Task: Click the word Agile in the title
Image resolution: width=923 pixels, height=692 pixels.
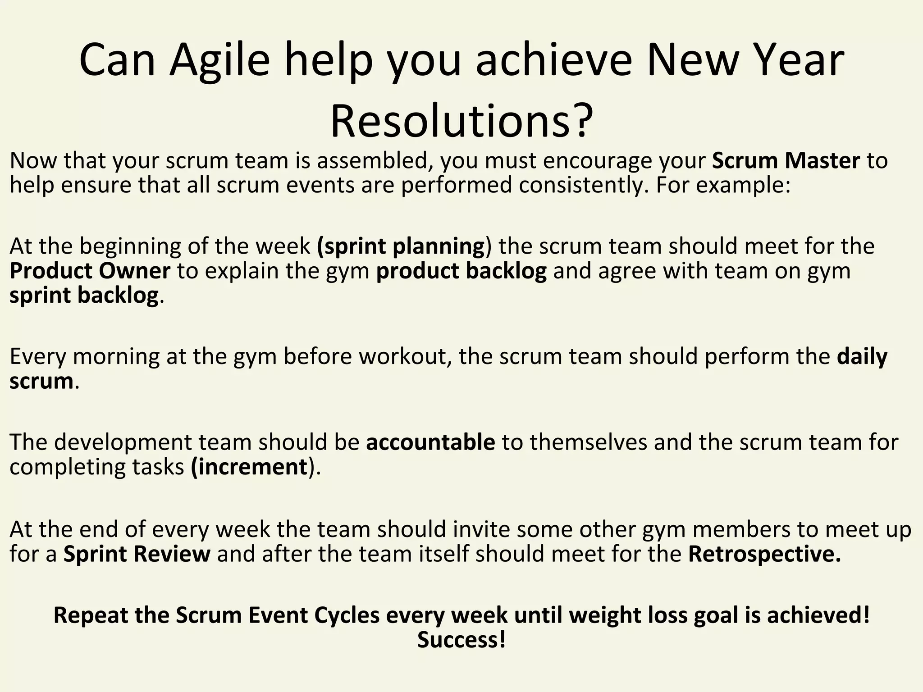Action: (x=219, y=61)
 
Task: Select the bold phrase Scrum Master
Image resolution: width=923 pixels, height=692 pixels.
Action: (x=786, y=161)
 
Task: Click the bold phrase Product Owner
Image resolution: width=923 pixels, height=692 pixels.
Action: (x=90, y=271)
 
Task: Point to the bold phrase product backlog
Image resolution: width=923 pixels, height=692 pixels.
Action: (x=461, y=271)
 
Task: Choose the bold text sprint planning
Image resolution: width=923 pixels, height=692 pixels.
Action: (x=401, y=246)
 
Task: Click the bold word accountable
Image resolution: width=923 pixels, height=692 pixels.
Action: (x=430, y=442)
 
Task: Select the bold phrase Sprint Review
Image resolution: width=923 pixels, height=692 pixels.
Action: (x=137, y=554)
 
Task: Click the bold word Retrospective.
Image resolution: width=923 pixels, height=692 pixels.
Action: (x=764, y=554)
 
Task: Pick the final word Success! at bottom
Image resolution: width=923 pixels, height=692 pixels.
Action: (x=461, y=640)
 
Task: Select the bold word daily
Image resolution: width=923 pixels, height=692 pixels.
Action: (x=862, y=356)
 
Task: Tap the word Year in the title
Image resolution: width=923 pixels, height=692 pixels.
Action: (x=802, y=61)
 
